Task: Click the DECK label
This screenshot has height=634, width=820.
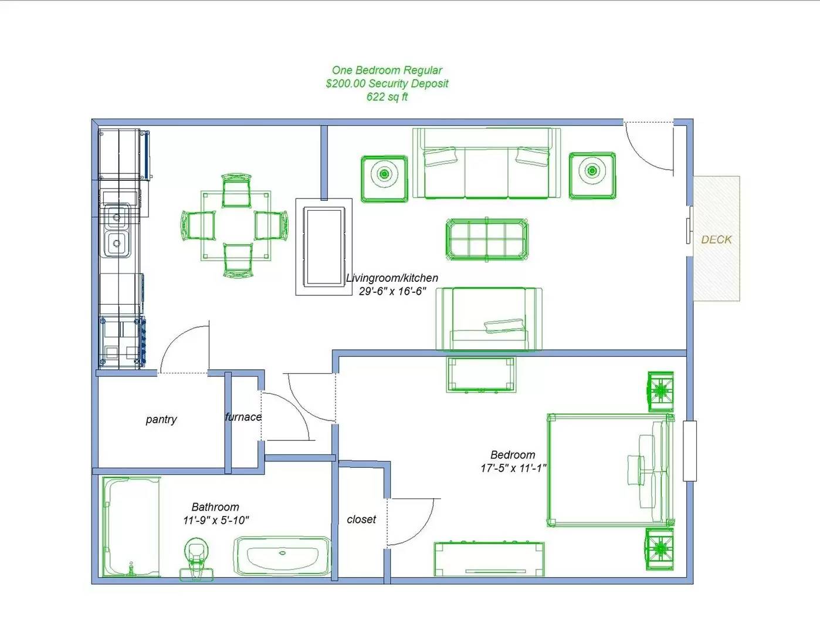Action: pos(716,240)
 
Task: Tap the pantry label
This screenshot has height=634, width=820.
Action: pos(161,420)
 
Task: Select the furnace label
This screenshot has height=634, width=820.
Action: pos(243,417)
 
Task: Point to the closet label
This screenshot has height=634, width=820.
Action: pos(361,519)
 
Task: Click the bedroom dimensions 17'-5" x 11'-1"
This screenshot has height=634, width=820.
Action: pos(513,468)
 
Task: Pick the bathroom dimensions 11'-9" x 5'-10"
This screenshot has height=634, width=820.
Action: pos(216,520)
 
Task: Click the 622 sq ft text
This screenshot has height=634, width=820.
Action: pos(387,97)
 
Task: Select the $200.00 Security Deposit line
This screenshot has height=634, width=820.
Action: pos(387,83)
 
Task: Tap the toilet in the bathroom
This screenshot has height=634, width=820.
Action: pos(196,559)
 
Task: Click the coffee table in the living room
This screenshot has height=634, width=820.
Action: pos(487,239)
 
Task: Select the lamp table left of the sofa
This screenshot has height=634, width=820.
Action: pos(384,179)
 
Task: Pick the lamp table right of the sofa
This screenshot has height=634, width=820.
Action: pos(592,175)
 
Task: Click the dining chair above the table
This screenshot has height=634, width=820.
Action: pos(236,190)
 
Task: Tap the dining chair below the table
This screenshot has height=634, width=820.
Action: pos(238,261)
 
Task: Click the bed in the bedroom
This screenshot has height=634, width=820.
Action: pos(611,470)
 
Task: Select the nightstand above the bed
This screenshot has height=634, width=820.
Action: pos(661,391)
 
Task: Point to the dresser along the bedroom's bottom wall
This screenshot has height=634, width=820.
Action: pos(489,559)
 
